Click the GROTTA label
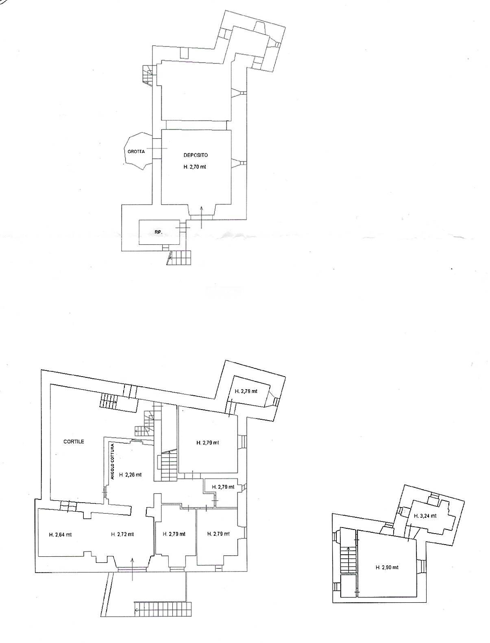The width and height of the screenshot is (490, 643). (136, 151)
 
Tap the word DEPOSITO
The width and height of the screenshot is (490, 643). (196, 155)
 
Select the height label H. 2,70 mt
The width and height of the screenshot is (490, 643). (195, 166)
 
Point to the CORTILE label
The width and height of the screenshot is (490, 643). (74, 441)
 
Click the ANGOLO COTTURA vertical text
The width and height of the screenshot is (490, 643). (113, 462)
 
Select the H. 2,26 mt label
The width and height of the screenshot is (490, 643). (130, 474)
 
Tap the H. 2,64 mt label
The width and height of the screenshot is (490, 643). (60, 534)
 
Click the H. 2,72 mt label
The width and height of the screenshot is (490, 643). (122, 534)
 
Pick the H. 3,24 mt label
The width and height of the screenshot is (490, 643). (425, 516)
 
